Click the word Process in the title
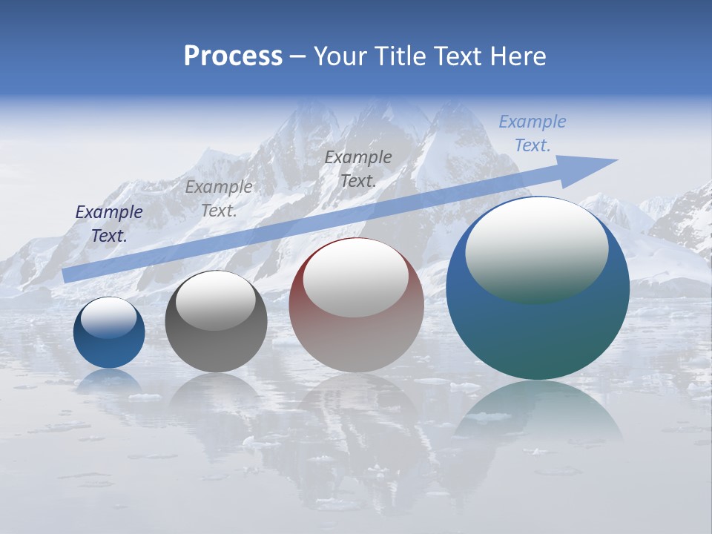click(x=233, y=56)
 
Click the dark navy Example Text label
click(x=109, y=224)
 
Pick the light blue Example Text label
click(x=533, y=133)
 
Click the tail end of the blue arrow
click(x=68, y=274)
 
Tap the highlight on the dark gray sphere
click(x=216, y=300)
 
